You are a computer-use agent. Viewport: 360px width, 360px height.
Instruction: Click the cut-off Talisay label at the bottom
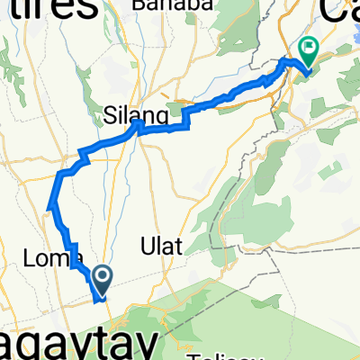tap(226, 355)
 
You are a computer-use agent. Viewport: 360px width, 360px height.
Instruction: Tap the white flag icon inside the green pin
tap(309, 47)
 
